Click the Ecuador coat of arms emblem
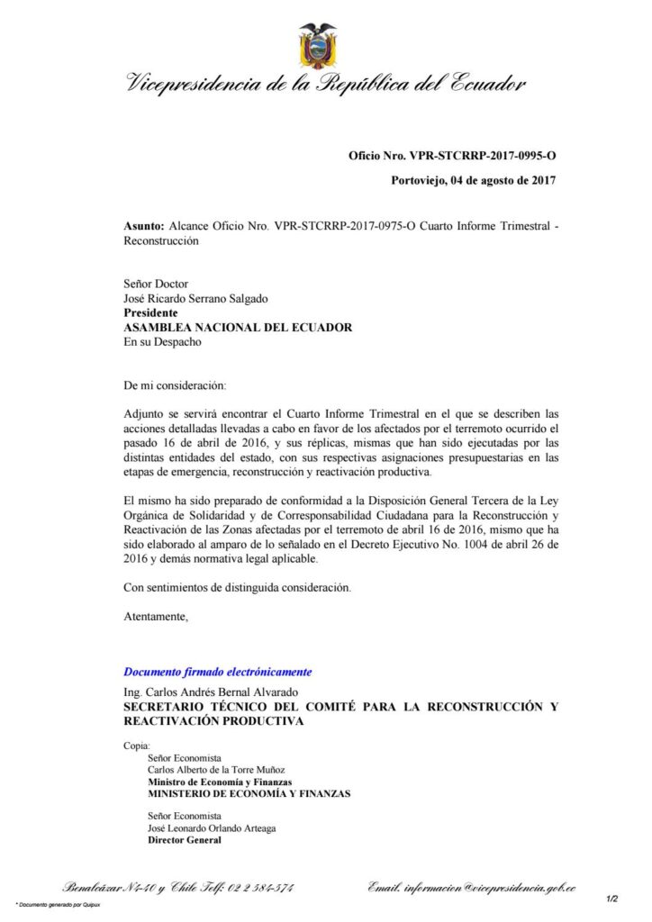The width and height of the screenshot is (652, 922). (318, 47)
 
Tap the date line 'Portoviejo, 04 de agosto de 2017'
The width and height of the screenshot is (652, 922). (473, 180)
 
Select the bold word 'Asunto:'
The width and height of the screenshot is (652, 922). (144, 228)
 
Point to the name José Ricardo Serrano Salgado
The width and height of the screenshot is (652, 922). (195, 299)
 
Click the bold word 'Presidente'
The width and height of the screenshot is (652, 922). (150, 313)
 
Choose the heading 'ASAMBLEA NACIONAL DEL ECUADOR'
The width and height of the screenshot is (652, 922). (238, 328)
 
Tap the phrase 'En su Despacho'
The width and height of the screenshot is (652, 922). (163, 342)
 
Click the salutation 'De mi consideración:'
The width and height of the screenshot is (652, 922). (173, 385)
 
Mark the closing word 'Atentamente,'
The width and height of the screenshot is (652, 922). (156, 617)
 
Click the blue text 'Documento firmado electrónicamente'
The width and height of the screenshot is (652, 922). (218, 672)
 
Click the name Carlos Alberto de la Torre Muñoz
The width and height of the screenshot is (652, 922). (216, 770)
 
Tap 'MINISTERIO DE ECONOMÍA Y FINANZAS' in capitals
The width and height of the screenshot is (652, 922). (249, 794)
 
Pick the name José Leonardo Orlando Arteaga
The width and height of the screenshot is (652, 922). (212, 827)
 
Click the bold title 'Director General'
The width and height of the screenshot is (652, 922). (185, 840)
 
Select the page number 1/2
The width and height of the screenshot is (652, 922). (611, 899)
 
